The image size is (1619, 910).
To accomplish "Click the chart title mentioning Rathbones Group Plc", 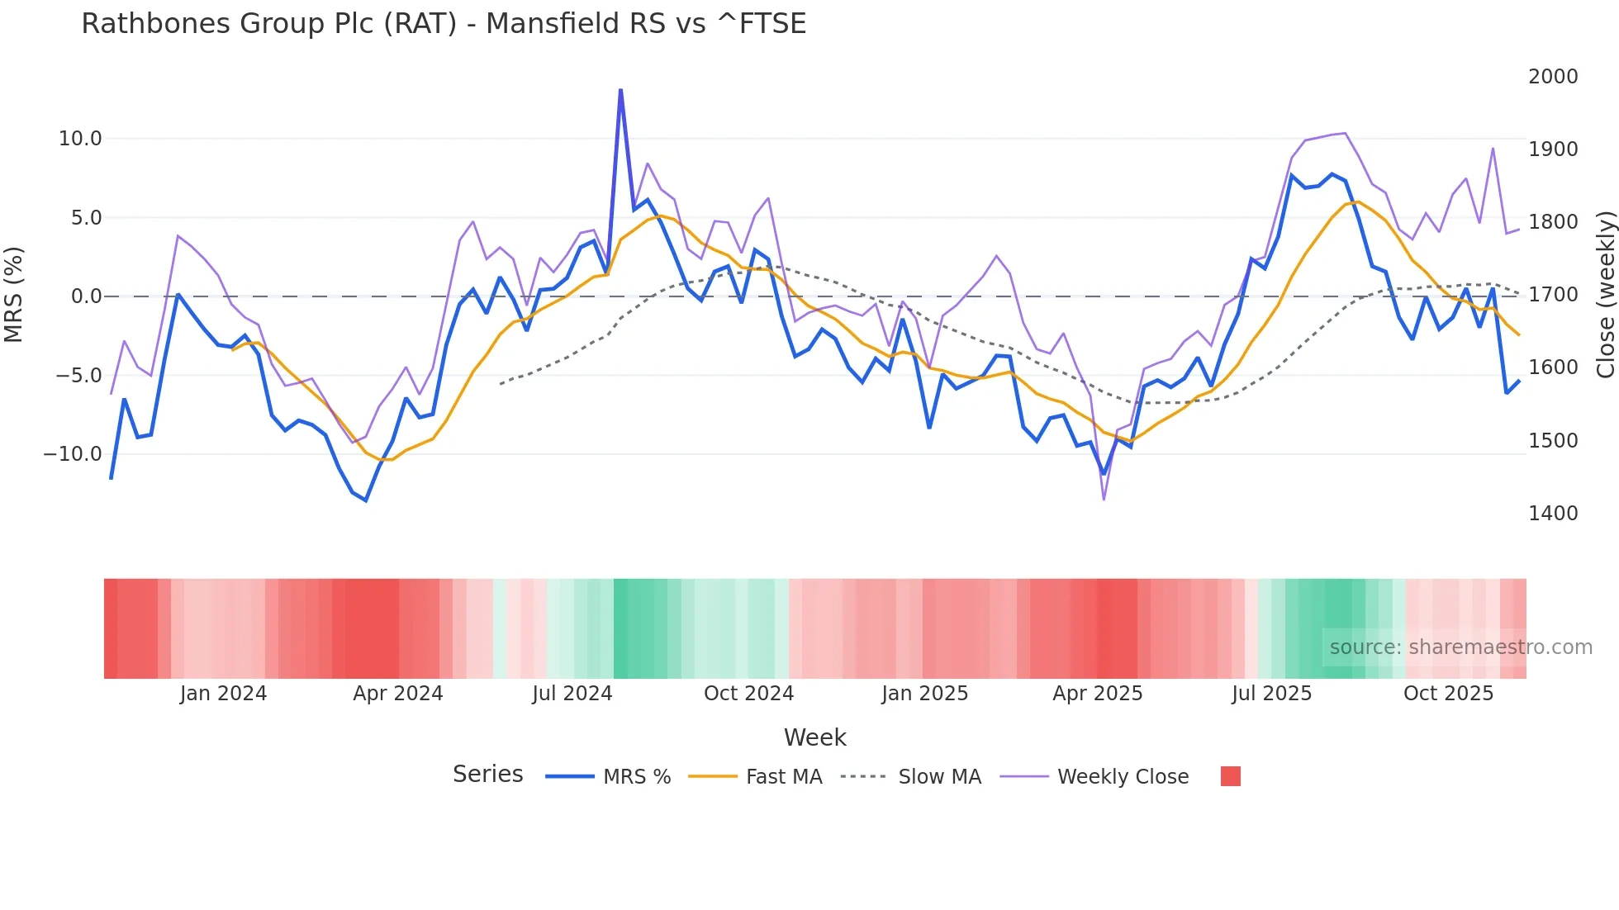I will [x=444, y=24].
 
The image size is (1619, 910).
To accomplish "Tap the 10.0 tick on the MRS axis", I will [x=80, y=139].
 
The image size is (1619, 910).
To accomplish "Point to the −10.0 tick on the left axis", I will [x=73, y=454].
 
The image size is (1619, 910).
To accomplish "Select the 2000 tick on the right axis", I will [x=1553, y=77].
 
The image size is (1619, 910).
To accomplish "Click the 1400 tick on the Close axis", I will [x=1553, y=514].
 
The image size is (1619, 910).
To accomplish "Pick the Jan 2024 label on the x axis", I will [x=223, y=694].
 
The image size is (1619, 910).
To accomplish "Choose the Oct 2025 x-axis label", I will [x=1448, y=694].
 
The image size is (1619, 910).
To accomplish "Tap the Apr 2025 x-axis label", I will [x=1097, y=694].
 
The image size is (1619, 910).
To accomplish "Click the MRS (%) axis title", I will [x=14, y=295].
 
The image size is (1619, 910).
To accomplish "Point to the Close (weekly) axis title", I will [x=1605, y=295].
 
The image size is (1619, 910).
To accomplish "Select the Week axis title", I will [x=814, y=737].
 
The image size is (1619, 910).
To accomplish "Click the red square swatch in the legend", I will [x=1230, y=776].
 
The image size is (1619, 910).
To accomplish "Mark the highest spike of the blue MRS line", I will [x=620, y=90].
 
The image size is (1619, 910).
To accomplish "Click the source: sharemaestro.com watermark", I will [x=1460, y=647].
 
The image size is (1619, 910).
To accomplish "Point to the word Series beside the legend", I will [x=487, y=775].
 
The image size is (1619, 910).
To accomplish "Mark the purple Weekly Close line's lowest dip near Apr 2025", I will [x=1104, y=499].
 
